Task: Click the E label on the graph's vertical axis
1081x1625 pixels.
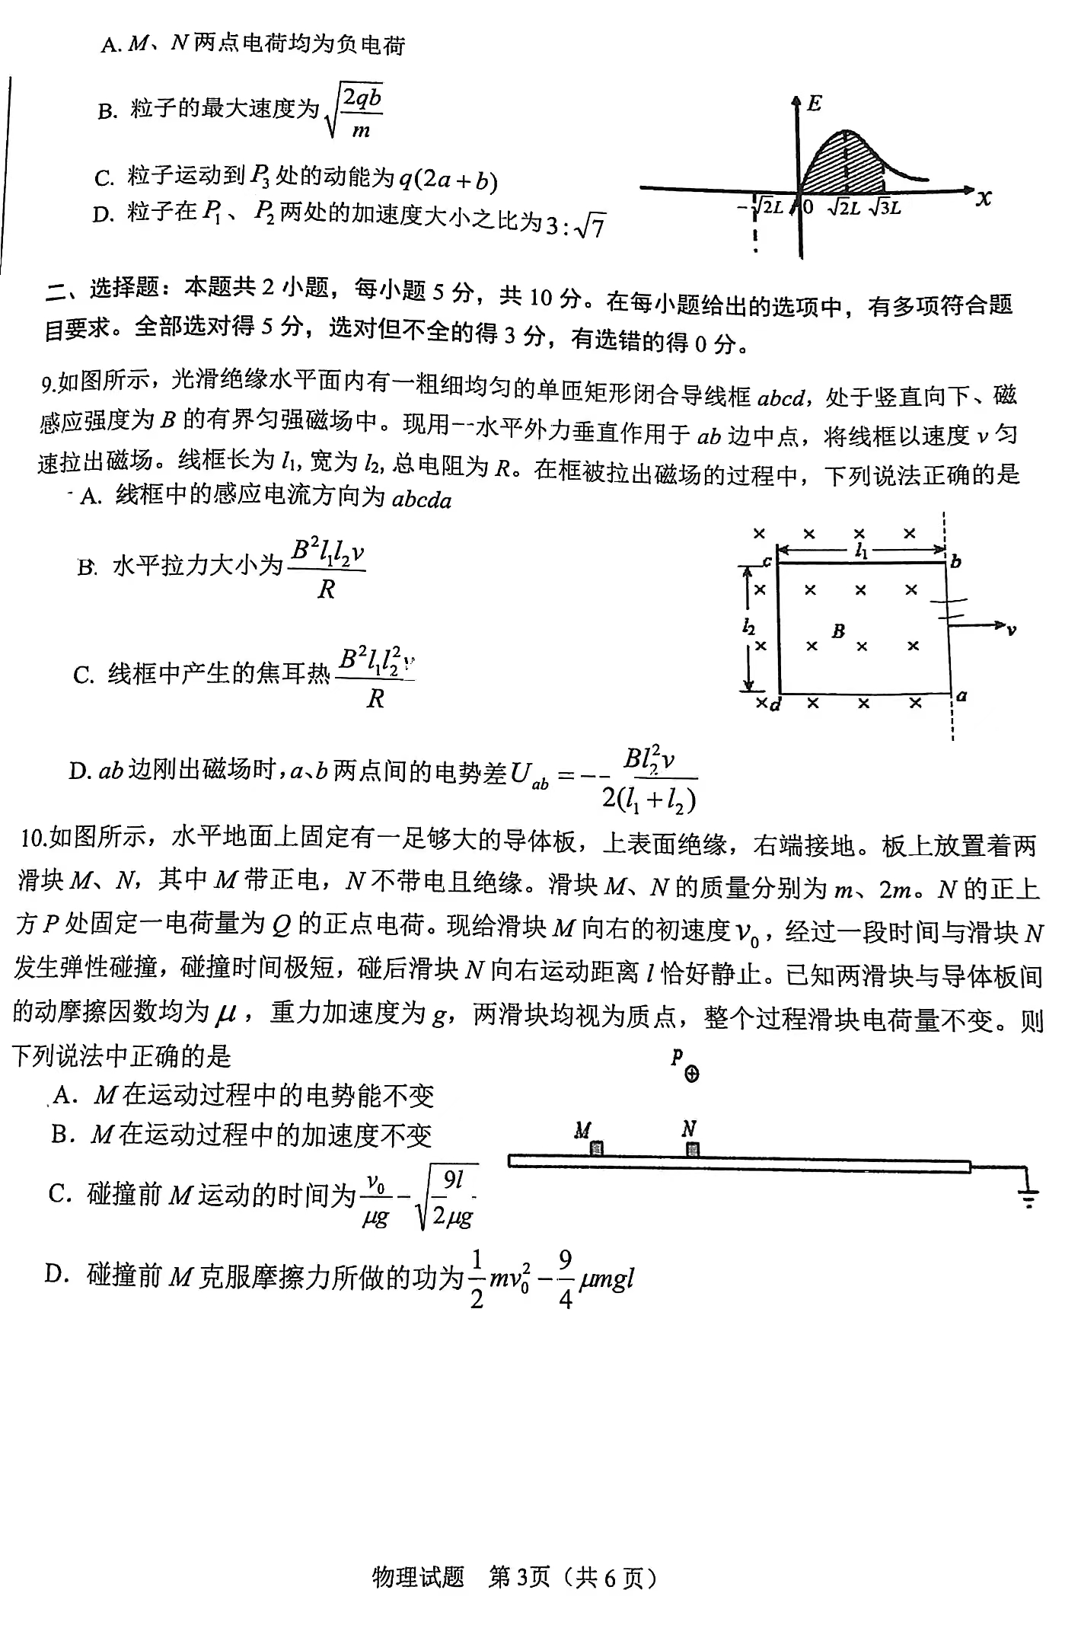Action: tap(814, 104)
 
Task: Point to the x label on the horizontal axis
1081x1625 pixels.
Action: tap(984, 199)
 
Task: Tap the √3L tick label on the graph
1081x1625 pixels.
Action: tap(885, 207)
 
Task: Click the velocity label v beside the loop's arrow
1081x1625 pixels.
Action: tap(1011, 630)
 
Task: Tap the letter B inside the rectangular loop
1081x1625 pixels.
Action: tap(838, 631)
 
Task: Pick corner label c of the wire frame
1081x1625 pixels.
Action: tap(767, 562)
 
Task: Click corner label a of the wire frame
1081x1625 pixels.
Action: tap(961, 695)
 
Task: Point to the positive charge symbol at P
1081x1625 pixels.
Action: tap(692, 1074)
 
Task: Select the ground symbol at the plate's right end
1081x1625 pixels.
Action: tap(1028, 1196)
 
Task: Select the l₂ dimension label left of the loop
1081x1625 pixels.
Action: tap(749, 627)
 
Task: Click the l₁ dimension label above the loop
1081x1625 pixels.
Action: tap(861, 551)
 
